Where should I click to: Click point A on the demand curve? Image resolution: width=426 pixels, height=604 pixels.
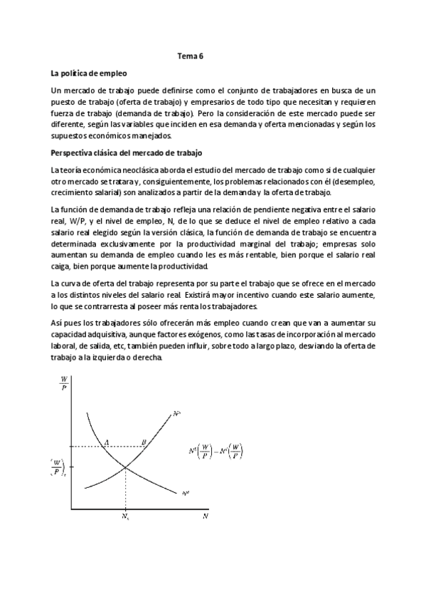(x=107, y=442)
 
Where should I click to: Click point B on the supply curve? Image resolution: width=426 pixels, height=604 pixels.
(x=144, y=442)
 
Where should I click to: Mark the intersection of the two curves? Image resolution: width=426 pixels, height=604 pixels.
(x=126, y=467)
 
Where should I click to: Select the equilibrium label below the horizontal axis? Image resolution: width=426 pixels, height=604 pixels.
(x=126, y=516)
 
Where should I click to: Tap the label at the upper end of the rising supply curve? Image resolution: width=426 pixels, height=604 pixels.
(x=176, y=412)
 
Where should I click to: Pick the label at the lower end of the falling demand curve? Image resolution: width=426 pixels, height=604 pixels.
(x=186, y=492)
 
